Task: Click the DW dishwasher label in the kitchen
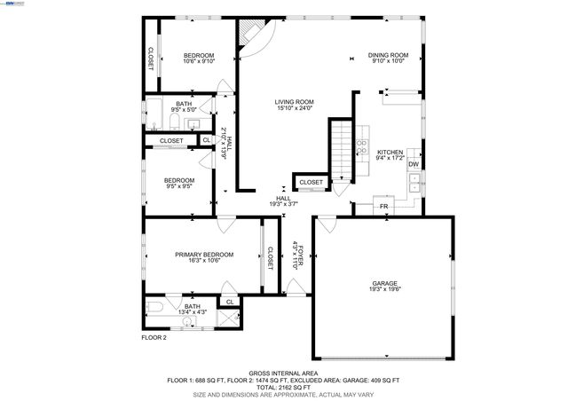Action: [x=414, y=164]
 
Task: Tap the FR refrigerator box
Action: [x=384, y=207]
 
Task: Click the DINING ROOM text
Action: [x=388, y=55]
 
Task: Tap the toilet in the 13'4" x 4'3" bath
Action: [x=154, y=307]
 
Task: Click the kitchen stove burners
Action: [x=363, y=147]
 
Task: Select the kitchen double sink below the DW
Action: [x=414, y=183]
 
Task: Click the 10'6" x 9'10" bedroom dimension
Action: [x=199, y=62]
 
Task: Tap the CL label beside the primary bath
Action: [x=229, y=302]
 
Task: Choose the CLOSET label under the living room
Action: [x=312, y=182]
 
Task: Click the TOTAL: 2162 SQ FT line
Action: [x=283, y=387]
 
